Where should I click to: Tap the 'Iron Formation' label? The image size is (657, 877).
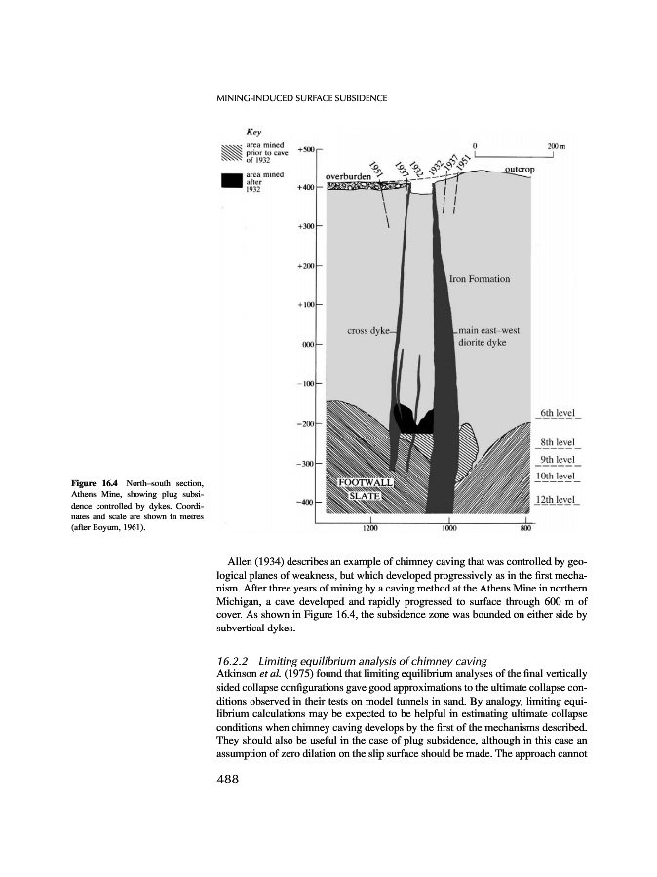(x=480, y=279)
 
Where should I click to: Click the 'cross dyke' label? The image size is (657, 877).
(x=369, y=331)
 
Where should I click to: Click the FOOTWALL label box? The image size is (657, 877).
(x=364, y=481)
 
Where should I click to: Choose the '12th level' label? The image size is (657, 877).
(x=558, y=500)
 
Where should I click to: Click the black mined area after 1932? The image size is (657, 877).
(x=414, y=422)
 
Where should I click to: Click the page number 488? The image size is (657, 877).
(x=226, y=779)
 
